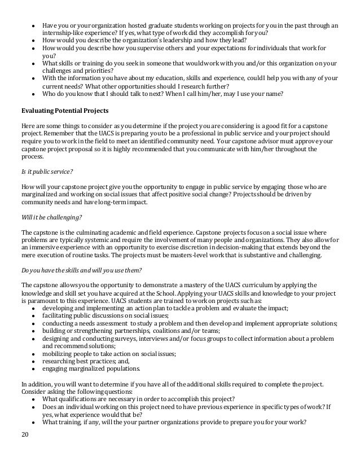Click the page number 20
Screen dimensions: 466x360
point(24,450)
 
